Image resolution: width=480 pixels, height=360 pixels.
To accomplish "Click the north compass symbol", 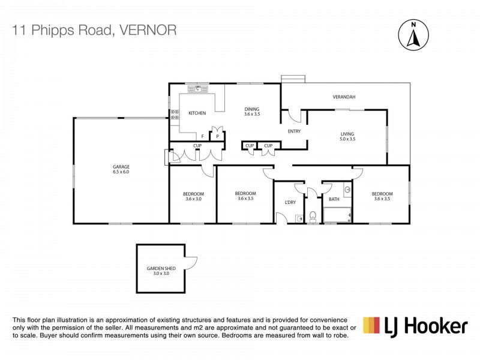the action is (x=413, y=35).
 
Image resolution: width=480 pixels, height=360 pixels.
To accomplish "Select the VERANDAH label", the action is (x=344, y=97).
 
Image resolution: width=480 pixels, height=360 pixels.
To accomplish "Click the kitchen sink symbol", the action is (x=198, y=89).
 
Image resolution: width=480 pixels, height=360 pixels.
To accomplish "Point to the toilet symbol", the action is (x=313, y=217).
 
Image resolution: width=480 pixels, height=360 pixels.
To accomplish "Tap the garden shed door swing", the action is (x=191, y=263).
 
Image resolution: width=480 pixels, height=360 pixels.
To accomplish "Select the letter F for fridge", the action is (x=202, y=137).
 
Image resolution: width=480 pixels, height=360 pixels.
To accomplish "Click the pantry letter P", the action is (x=217, y=137).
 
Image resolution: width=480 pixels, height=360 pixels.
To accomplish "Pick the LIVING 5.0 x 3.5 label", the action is (x=347, y=136).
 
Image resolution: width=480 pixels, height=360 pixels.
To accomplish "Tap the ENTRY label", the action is (x=294, y=131).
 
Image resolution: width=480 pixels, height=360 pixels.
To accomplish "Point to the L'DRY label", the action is (x=290, y=202).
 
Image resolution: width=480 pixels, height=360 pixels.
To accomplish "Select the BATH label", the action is (x=334, y=199).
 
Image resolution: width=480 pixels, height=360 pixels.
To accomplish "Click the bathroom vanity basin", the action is (x=347, y=190).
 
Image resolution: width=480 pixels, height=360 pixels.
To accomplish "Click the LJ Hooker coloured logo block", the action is (x=371, y=325).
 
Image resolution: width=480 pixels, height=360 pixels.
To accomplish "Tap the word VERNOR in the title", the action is (x=148, y=31).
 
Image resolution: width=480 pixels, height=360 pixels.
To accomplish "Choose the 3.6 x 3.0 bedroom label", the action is (x=193, y=196).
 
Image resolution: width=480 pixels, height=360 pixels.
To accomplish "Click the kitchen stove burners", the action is (x=175, y=115).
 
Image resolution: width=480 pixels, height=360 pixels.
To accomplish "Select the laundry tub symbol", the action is (x=299, y=219).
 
